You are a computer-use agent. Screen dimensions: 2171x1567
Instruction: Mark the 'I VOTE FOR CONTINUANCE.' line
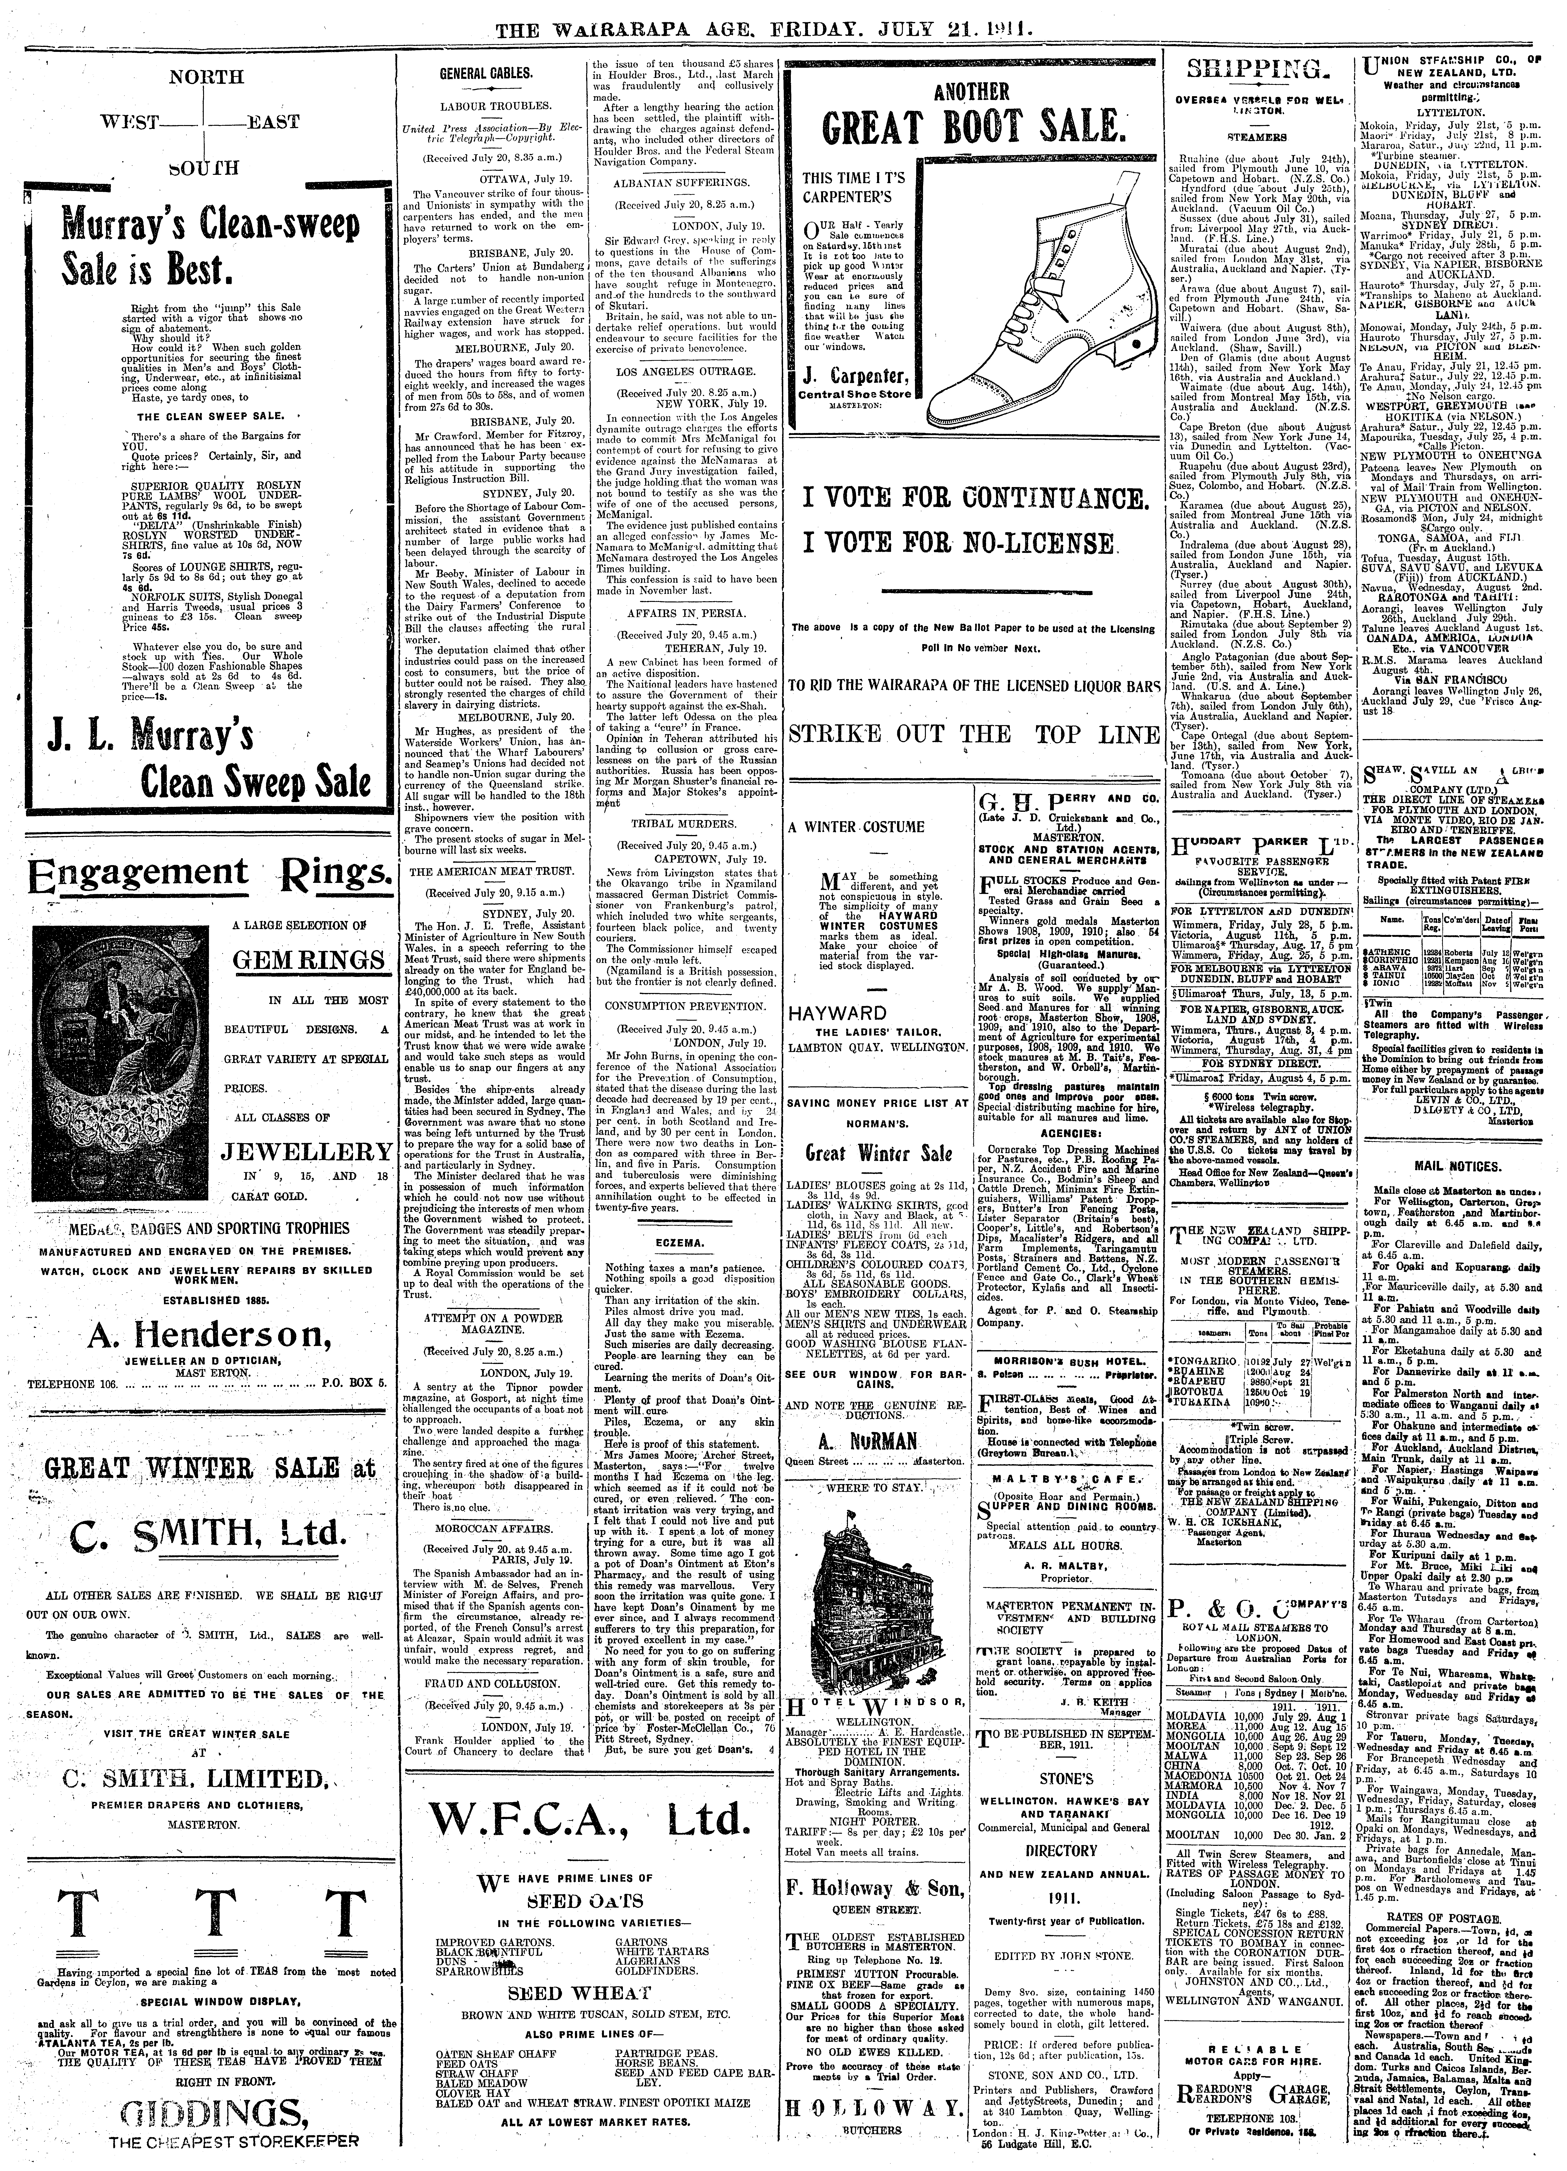point(963,499)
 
